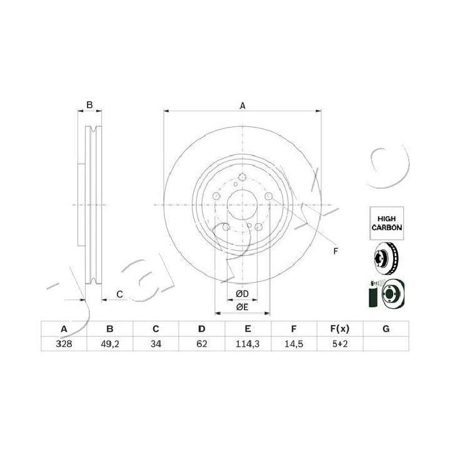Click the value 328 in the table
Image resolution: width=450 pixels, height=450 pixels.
(x=64, y=344)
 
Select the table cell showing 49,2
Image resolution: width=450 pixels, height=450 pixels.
(x=110, y=344)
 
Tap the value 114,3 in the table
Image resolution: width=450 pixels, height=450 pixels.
(x=247, y=344)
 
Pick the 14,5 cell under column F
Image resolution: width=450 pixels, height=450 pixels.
(x=294, y=344)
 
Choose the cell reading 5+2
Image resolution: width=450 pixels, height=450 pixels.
(x=340, y=344)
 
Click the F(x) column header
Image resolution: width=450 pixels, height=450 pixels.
(x=340, y=329)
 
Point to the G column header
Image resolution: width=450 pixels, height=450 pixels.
(x=386, y=329)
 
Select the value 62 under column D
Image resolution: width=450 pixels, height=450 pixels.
(x=202, y=344)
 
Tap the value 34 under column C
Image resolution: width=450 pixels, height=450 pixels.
(x=156, y=344)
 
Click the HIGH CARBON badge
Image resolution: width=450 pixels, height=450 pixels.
(x=387, y=223)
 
